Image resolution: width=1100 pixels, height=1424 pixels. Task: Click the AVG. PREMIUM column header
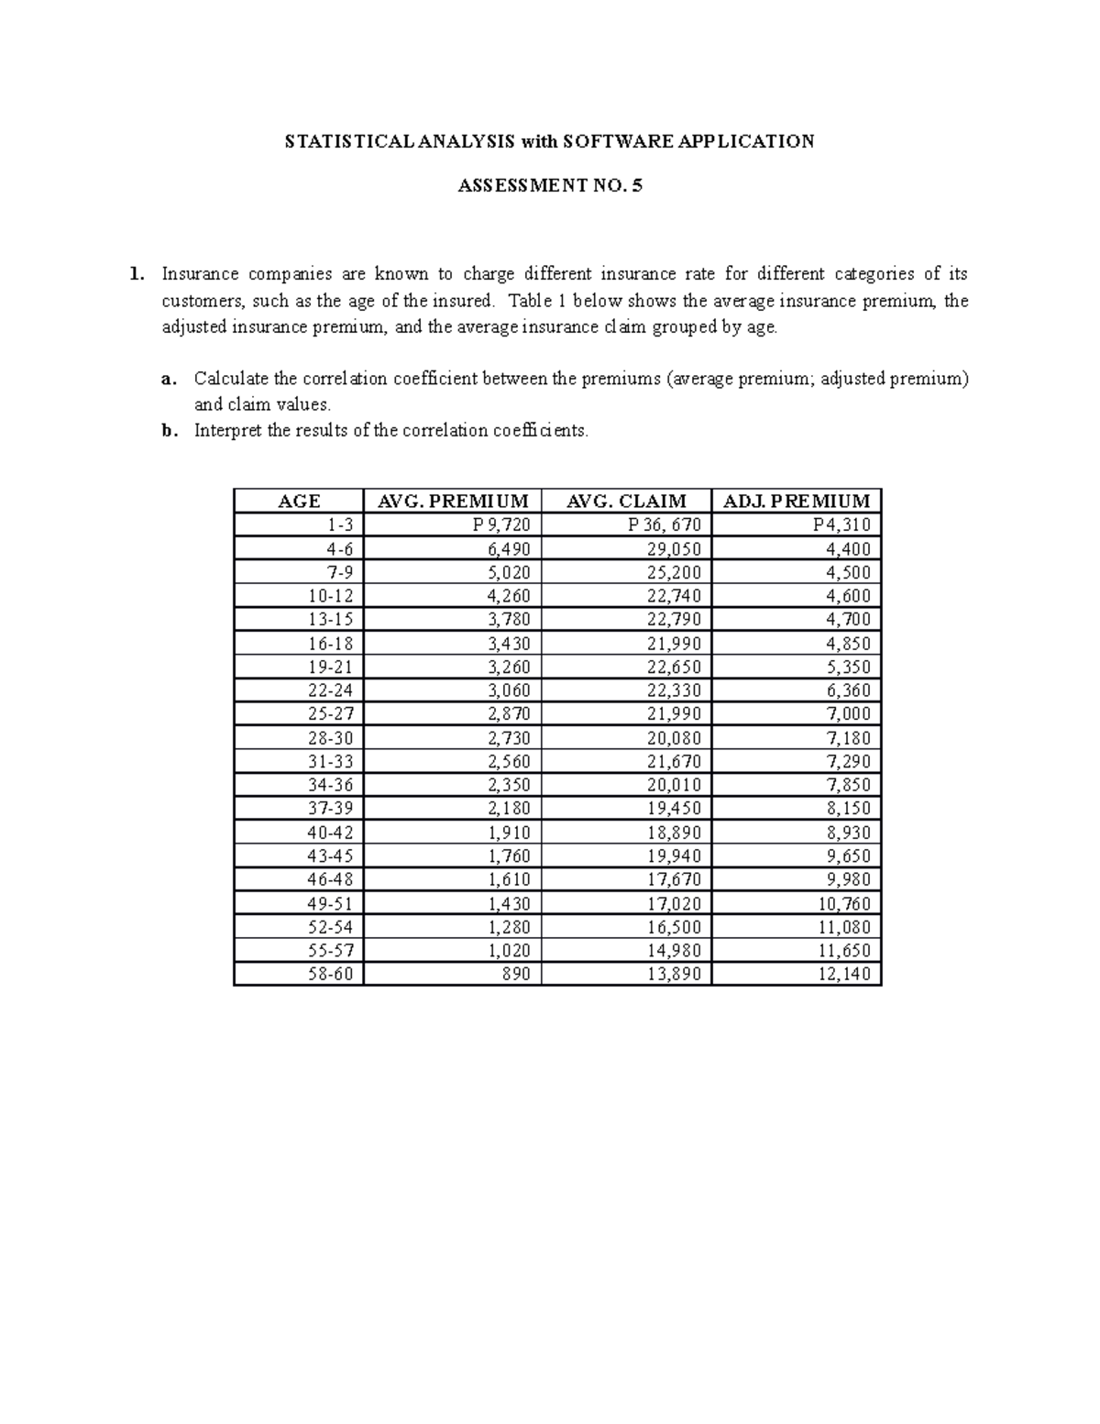[453, 501]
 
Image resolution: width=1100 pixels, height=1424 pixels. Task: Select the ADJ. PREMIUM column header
[797, 501]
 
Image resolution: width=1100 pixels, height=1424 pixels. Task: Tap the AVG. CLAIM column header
[626, 501]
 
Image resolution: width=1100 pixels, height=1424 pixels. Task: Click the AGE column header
[299, 501]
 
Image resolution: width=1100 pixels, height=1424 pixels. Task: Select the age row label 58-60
[330, 974]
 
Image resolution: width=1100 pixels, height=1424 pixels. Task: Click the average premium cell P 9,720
[501, 524]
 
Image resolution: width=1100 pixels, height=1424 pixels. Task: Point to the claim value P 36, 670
[665, 524]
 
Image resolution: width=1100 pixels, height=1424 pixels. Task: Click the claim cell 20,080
[674, 738]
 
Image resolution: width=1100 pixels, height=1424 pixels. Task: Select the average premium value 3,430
[509, 644]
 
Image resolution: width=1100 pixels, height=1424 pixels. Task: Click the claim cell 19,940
[674, 856]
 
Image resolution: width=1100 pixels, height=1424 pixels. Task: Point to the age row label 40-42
[330, 833]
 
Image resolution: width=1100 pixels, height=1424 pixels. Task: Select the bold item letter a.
[166, 379]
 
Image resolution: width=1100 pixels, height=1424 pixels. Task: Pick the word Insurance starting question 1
[200, 274]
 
